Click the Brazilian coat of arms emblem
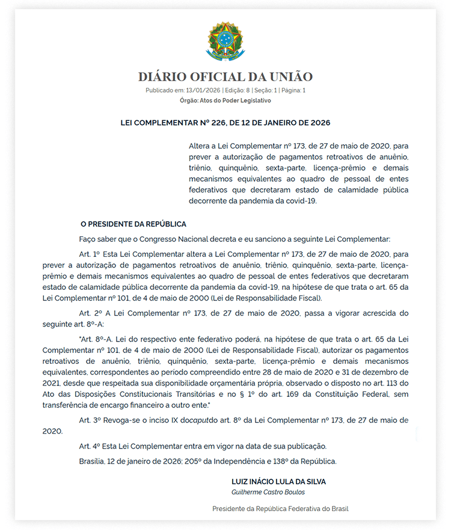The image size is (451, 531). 226,42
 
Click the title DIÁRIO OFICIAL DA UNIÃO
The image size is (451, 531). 226,77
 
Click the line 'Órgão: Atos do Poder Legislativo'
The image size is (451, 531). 226,100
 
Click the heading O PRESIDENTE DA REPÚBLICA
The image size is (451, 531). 133,224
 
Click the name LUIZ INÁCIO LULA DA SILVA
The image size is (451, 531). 279,482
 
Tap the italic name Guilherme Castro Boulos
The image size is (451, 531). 268,492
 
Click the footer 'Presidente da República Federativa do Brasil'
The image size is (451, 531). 280,509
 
